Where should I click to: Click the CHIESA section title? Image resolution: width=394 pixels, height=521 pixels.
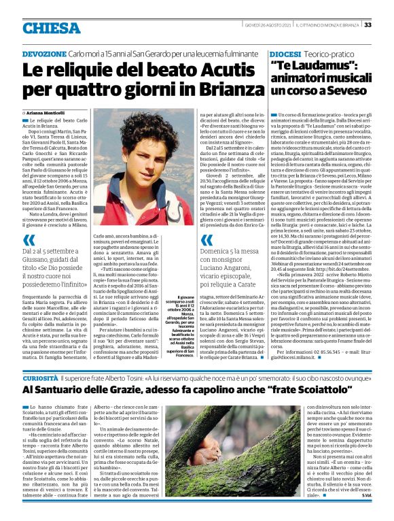(50, 28)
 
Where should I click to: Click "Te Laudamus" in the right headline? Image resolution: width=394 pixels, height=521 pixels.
(315, 66)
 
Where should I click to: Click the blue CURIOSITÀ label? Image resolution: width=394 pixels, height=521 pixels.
(39, 377)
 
